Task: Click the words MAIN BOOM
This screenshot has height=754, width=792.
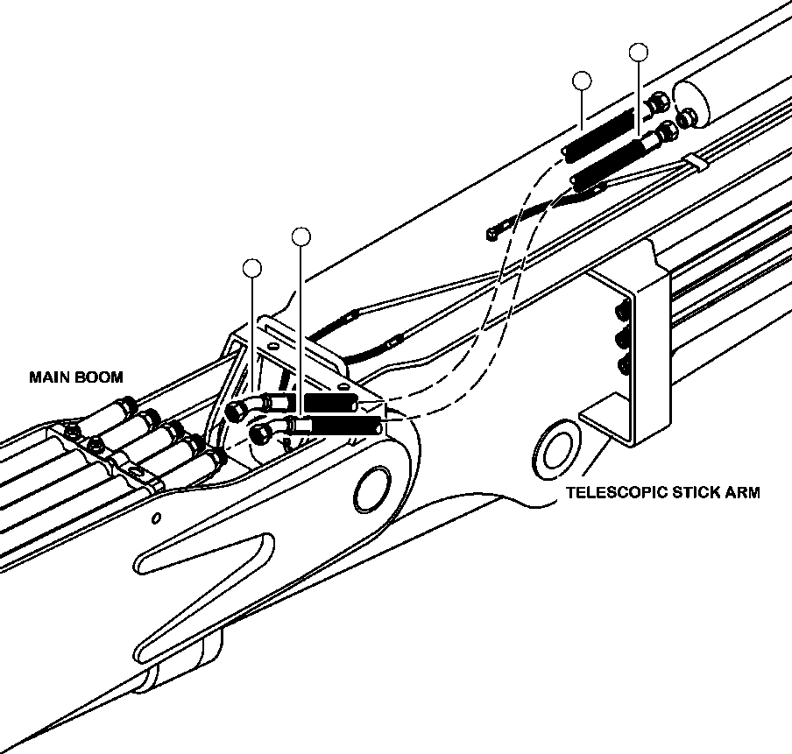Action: tap(76, 377)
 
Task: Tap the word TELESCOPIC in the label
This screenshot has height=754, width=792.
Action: tap(611, 492)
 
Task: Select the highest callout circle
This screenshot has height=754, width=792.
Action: tap(639, 52)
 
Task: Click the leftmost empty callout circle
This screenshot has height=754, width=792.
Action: tap(252, 268)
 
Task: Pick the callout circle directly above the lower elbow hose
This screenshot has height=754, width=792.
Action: tap(301, 236)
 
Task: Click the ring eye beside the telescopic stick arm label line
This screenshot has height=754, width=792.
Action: tap(555, 450)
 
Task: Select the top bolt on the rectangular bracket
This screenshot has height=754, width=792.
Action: tap(622, 310)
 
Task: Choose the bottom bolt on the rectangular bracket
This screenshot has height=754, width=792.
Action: tap(624, 365)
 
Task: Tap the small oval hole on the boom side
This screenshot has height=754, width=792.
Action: tap(157, 518)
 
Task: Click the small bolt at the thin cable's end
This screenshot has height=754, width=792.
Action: tap(493, 234)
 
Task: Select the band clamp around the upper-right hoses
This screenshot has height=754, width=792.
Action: tap(696, 162)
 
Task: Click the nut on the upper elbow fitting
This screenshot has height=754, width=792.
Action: tap(236, 412)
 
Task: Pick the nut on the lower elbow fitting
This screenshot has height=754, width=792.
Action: tap(260, 433)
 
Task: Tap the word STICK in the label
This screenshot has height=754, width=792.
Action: tap(690, 492)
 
